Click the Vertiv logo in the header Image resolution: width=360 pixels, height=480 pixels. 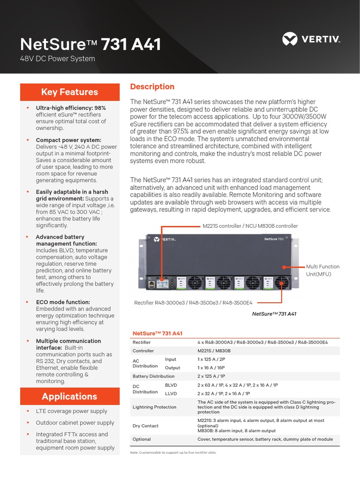[311, 39]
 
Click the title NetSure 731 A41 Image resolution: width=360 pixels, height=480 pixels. [90, 45]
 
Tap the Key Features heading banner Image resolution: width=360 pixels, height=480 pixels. [69, 92]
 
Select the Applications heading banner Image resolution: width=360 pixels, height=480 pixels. [69, 396]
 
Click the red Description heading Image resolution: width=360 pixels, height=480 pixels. [152, 87]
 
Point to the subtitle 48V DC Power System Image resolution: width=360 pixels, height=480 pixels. [58, 59]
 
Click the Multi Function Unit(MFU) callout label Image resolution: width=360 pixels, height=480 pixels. [322, 270]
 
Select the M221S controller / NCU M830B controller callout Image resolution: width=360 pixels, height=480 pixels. [250, 226]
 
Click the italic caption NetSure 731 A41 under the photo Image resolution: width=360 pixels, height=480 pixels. [274, 314]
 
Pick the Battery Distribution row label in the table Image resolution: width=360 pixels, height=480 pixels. [153, 376]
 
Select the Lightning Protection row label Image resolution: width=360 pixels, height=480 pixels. [154, 407]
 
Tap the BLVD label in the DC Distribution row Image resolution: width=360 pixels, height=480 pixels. [171, 385]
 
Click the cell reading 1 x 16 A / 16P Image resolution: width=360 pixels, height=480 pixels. [211, 368]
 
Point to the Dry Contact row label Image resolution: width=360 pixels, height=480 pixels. [145, 426]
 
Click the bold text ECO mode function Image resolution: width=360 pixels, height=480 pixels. [63, 302]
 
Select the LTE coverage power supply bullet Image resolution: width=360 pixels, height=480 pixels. [71, 411]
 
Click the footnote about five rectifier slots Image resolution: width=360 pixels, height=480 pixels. [173, 452]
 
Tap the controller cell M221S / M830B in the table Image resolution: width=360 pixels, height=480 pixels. [214, 351]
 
